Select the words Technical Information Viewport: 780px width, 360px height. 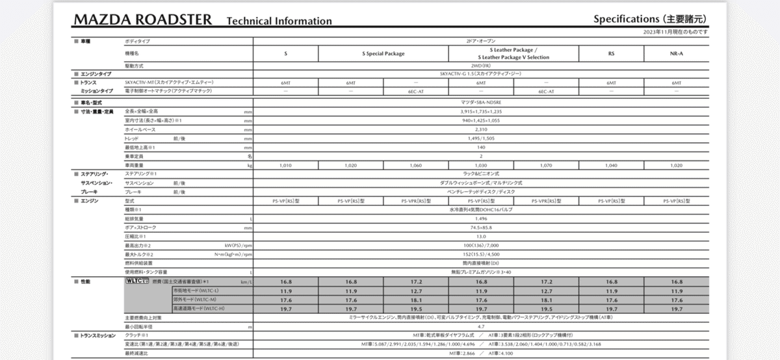coord(279,21)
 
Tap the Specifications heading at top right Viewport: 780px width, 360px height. coord(650,19)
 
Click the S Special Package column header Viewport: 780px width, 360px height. coord(383,53)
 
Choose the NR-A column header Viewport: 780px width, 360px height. coord(676,53)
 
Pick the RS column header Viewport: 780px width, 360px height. coord(611,53)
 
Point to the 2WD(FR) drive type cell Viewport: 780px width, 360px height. coord(481,66)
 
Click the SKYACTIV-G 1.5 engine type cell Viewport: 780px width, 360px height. coord(481,75)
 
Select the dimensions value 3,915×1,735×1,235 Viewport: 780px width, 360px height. coord(481,112)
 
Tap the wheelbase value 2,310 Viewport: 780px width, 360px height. coord(481,130)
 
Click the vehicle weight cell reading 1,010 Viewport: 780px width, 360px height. coord(285,166)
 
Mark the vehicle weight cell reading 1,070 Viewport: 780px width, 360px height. coord(546,166)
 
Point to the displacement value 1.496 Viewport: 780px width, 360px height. coord(481,220)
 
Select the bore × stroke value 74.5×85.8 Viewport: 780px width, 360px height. coord(481,228)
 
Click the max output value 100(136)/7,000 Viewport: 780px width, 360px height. coord(481,246)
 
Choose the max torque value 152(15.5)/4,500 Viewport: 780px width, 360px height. coord(481,254)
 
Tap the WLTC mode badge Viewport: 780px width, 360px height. coord(138,281)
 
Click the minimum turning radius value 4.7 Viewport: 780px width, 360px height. coord(481,326)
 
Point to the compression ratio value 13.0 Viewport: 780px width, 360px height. coord(481,237)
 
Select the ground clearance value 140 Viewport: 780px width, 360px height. coord(481,148)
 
